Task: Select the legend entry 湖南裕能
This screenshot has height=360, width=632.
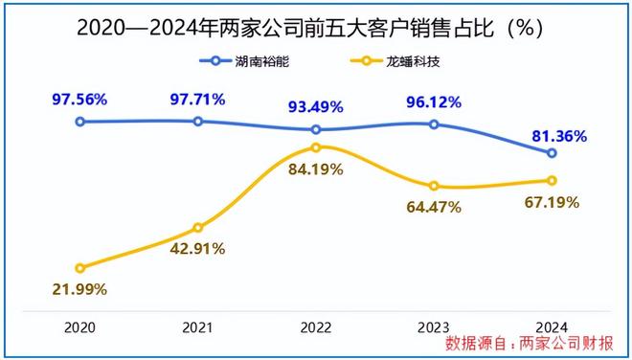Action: pos(253,61)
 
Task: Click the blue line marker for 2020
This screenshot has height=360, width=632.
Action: pos(80,122)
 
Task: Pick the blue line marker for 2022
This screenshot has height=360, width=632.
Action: pos(316,129)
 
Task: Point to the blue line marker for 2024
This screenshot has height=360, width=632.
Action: pos(552,153)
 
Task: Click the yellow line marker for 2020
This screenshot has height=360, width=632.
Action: pos(80,268)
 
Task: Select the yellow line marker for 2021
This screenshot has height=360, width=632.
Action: pos(198,228)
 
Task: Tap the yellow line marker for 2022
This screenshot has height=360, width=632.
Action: pos(316,147)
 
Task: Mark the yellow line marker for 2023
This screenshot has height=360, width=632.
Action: pos(434,186)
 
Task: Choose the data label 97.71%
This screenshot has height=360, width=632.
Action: pos(197,98)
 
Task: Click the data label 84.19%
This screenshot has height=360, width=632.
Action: pos(316,172)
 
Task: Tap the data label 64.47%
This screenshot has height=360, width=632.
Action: pos(433,206)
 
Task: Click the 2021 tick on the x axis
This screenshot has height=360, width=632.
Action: pos(198,326)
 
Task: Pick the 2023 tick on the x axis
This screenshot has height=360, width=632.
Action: pos(434,326)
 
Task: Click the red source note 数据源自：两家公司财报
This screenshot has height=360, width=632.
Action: pos(532,342)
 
